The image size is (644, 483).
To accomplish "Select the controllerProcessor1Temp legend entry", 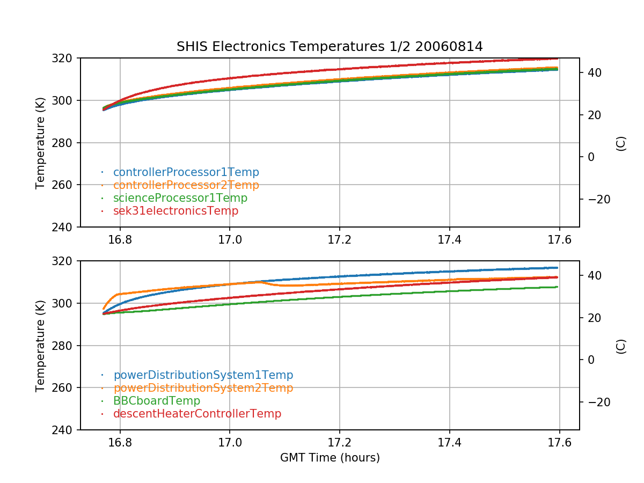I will click(186, 172).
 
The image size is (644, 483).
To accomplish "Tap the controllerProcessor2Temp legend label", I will click(186, 185).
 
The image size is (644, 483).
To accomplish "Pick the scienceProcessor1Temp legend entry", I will click(180, 198).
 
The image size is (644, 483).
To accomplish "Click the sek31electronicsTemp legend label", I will click(175, 211).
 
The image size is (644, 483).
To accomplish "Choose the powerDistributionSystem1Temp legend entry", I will click(203, 375).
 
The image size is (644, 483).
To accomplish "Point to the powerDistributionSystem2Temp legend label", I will click(203, 388).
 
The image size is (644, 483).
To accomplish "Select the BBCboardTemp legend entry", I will click(156, 401).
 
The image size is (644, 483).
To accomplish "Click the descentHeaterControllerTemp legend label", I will click(197, 414).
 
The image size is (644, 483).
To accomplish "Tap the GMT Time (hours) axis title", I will click(330, 458).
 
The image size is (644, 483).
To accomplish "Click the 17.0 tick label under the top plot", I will click(230, 239).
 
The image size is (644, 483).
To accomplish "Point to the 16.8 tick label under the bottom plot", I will click(120, 442).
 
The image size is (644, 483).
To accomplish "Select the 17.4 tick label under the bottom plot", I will click(450, 442).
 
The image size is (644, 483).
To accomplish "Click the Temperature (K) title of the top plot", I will click(40, 143).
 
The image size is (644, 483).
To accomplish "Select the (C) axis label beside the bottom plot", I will click(621, 346).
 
